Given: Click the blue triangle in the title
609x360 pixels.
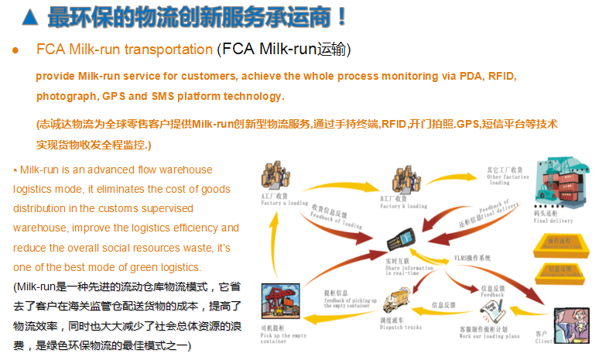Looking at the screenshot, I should (29, 15).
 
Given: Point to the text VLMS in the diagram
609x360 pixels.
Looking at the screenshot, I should (462, 258).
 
